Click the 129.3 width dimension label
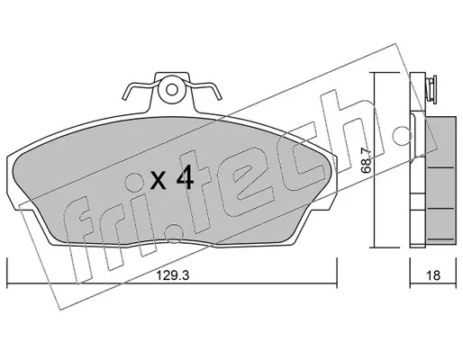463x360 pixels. point(172,275)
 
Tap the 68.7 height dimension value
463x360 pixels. point(367,162)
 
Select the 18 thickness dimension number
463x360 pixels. point(433,275)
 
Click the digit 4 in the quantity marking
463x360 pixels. point(185,178)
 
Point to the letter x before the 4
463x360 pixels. point(159,180)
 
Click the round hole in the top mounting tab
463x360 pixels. point(172,89)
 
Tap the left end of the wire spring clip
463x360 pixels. point(124,97)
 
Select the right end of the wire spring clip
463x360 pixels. point(220,97)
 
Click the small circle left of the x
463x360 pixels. point(134,182)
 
